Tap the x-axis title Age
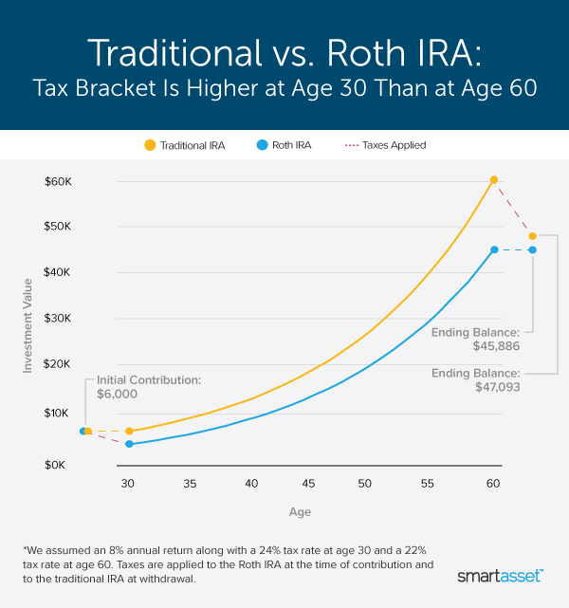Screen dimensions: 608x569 [x=300, y=512]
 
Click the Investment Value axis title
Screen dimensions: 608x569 [x=28, y=322]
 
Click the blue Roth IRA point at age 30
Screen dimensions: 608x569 [x=129, y=444]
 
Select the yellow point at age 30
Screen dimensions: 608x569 [x=129, y=431]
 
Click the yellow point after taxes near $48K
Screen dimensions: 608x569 [x=532, y=235]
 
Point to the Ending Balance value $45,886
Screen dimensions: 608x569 [x=491, y=347]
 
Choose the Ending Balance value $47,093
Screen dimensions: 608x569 [x=491, y=387]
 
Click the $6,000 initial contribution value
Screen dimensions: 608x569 [x=119, y=395]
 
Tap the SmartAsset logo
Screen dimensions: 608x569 [x=500, y=576]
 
